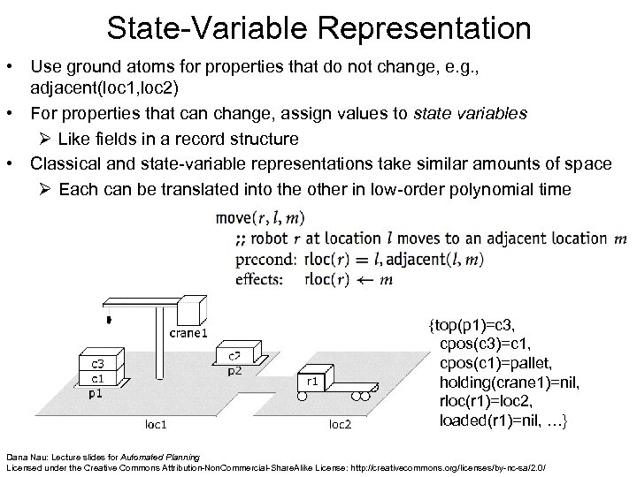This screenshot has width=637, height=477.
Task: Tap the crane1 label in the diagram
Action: coord(188,333)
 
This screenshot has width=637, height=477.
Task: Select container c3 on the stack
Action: coord(94,361)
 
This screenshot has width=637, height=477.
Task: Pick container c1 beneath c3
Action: coord(94,377)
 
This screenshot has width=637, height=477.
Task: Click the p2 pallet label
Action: coord(234,371)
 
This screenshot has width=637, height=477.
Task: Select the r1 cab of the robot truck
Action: coord(312,382)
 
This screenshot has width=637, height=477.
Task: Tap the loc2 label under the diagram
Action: coord(340,424)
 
